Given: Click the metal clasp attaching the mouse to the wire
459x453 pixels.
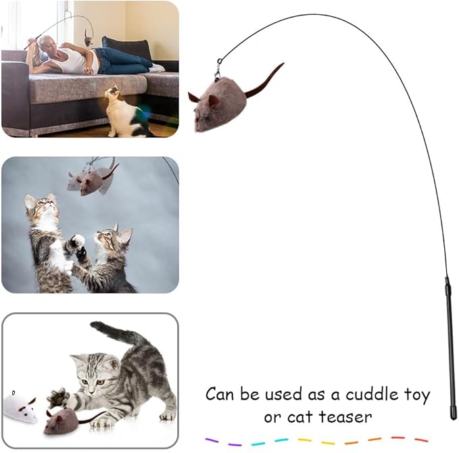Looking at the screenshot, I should click(x=218, y=68).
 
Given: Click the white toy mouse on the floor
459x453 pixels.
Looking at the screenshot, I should click(x=20, y=406).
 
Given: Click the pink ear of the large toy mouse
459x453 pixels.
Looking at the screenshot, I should click(x=214, y=101).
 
